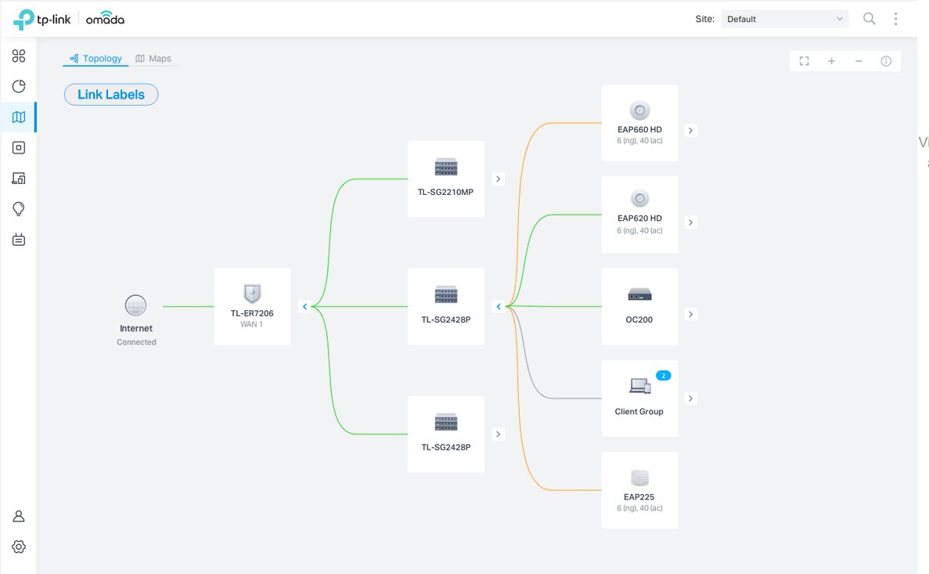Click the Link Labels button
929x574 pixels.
point(111,95)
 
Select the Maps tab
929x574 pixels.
point(153,59)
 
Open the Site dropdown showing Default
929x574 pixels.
point(784,19)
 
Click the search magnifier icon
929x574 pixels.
point(869,19)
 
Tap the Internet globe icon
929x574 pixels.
point(135,305)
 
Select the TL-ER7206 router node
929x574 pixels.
point(252,306)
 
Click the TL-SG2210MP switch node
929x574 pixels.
point(446,179)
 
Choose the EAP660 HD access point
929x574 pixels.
point(639,123)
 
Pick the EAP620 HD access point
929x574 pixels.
point(639,214)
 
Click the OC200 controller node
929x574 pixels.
point(639,306)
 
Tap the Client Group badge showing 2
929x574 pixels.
point(663,376)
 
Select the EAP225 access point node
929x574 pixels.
point(639,489)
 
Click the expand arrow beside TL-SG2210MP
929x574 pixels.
point(499,179)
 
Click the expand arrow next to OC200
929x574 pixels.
point(690,314)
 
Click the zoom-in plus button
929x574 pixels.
point(831,61)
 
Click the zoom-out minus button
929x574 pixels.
point(859,61)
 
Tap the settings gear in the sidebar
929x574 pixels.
point(19,547)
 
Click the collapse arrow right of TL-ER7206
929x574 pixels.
point(304,307)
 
